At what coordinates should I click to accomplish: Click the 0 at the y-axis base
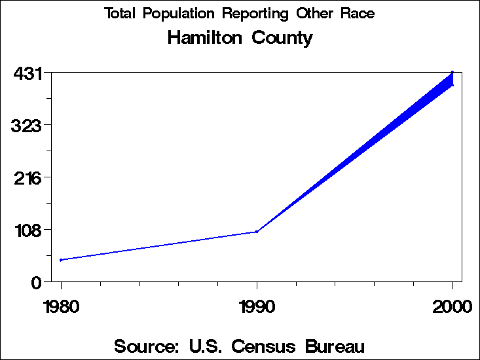point(37,282)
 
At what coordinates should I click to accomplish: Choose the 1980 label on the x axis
point(61,307)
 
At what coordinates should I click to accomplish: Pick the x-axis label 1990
point(257,307)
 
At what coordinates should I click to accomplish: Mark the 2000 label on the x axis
point(452,307)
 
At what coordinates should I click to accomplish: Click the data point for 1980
point(61,260)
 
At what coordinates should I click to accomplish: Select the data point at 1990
point(257,231)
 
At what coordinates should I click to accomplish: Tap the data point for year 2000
point(452,73)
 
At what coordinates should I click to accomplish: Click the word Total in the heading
point(120,14)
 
